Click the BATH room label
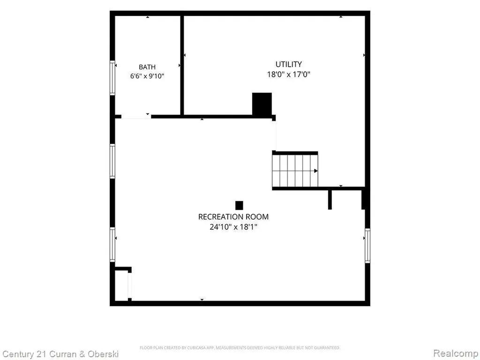point(147,67)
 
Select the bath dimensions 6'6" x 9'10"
point(147,76)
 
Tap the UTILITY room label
point(289,64)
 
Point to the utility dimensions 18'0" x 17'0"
point(289,75)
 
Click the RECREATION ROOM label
point(233,217)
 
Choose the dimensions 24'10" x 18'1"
point(233,227)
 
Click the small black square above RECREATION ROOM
point(239,205)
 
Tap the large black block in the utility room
point(262,104)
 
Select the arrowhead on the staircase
point(316,171)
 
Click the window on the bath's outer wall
point(112,78)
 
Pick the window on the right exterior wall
point(367,246)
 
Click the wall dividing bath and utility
point(182,65)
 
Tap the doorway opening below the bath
point(136,117)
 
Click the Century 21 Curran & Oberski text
point(60,354)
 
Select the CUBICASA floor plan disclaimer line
point(240,348)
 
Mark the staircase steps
point(295,171)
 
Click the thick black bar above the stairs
point(295,153)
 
